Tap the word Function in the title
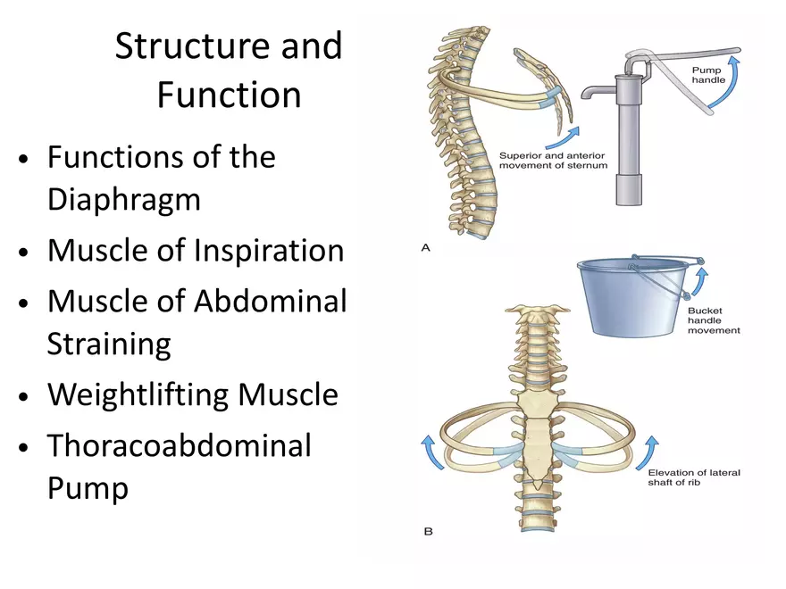pyautogui.click(x=229, y=95)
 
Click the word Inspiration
pyautogui.click(x=269, y=250)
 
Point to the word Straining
pyautogui.click(x=108, y=344)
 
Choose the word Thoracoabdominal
pyautogui.click(x=179, y=444)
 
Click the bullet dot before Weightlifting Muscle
pyautogui.click(x=26, y=396)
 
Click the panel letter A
pyautogui.click(x=426, y=248)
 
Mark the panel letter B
pyautogui.click(x=427, y=532)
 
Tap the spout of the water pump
pyautogui.click(x=592, y=92)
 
